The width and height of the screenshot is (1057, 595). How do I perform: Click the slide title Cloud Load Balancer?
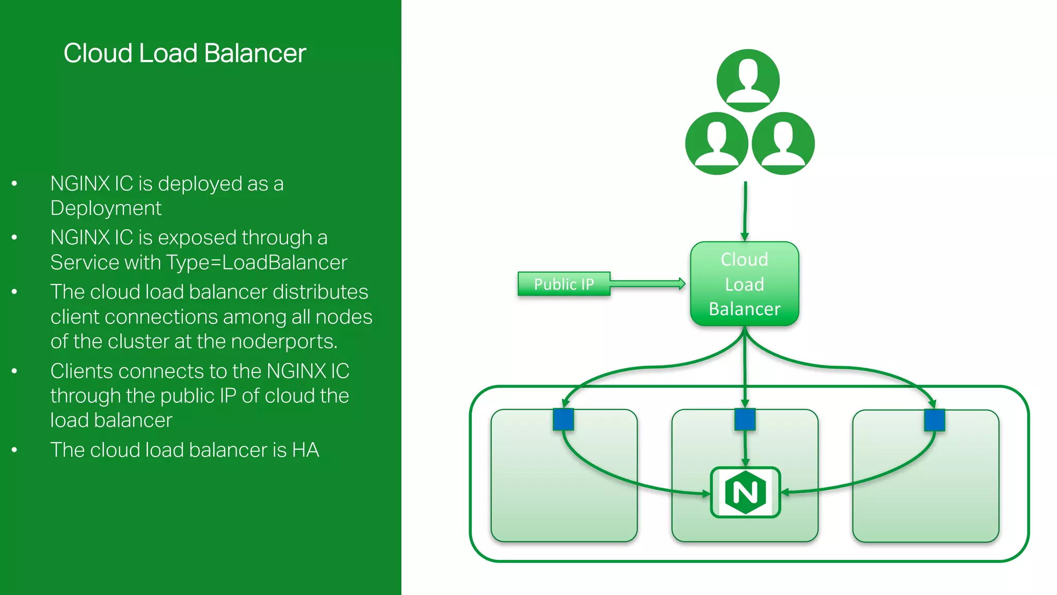185,53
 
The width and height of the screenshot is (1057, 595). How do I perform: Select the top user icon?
748,80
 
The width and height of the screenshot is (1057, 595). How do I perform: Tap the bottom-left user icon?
716,143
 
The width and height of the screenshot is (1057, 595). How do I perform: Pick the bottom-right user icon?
783,143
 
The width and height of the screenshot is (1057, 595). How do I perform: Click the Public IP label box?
564,284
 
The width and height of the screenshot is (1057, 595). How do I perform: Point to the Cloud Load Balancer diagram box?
744,284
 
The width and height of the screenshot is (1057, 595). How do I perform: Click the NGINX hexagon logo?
745,492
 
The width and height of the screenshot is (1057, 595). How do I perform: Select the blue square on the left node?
563,419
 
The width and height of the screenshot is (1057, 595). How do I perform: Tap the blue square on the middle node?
745,419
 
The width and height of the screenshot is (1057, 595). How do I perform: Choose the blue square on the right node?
934,420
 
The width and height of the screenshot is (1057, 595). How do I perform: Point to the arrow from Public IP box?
648,284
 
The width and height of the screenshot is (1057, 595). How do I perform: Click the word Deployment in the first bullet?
106,208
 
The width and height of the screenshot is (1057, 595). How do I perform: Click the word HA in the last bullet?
306,450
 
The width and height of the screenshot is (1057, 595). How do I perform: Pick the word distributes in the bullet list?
320,292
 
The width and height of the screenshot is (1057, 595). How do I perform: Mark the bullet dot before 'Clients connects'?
14,371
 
